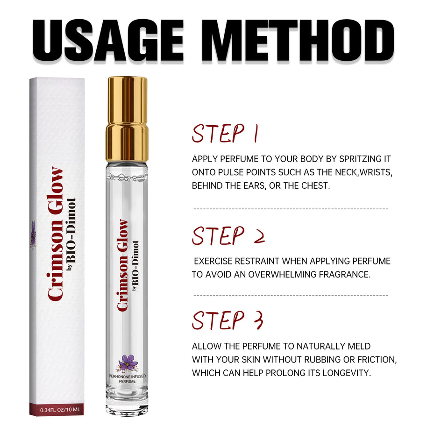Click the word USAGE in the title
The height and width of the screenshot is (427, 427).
point(108,40)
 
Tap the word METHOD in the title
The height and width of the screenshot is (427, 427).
point(298,40)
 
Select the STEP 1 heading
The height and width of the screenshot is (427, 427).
point(225,134)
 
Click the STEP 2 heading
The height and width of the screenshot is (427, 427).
point(228,236)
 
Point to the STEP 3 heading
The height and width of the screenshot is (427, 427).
point(228,320)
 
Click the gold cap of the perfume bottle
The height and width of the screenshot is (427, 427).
point(127,119)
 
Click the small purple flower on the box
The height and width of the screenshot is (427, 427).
point(33,235)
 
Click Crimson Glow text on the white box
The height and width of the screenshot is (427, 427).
point(55,234)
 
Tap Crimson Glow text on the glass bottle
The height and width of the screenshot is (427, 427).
point(122,265)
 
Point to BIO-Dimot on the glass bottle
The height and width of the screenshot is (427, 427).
point(135,263)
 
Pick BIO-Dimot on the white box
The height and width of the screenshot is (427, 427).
point(71,231)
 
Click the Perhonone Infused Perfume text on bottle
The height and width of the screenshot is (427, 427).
point(127,379)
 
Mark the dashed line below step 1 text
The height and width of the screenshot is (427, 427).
point(291,209)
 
